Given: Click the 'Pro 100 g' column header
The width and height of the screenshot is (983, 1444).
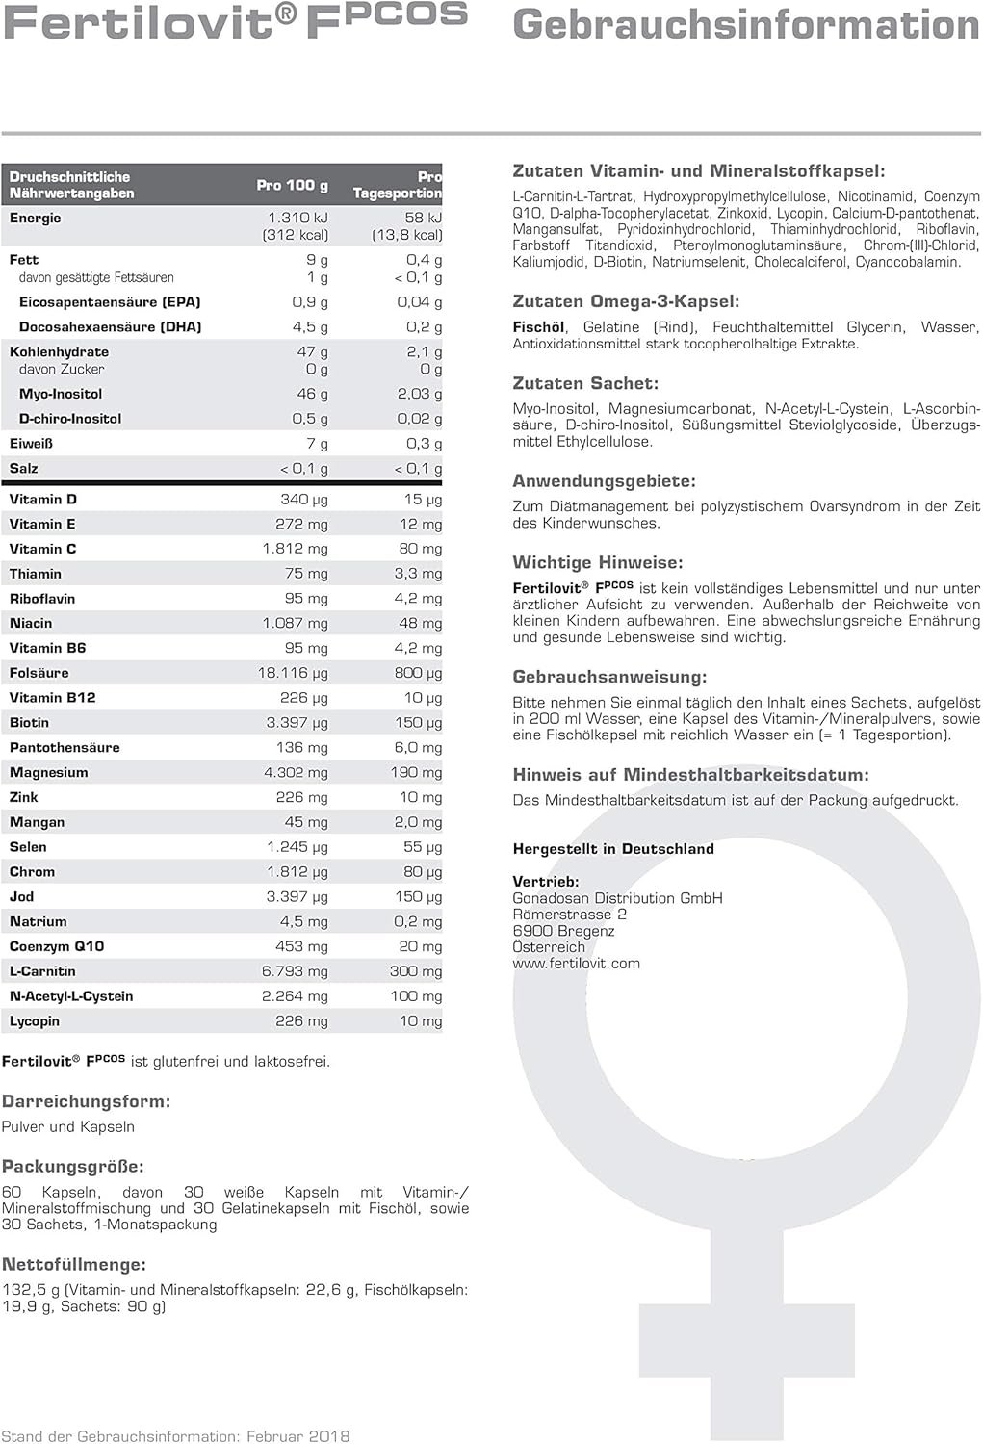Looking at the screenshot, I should click(x=292, y=185).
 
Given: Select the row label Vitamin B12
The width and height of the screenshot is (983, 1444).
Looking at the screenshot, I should click(x=52, y=698).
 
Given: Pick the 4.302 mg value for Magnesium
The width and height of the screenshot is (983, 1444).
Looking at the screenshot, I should click(x=297, y=772).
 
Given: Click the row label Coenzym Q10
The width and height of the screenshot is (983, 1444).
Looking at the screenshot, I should click(x=56, y=946).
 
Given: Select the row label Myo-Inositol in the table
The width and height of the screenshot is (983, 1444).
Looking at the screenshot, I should click(x=61, y=394).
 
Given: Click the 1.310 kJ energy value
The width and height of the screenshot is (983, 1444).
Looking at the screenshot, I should click(x=297, y=218).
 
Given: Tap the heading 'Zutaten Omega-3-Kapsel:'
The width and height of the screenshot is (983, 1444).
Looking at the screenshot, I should click(x=626, y=301).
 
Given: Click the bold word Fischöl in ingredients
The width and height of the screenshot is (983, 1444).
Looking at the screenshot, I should click(x=539, y=327).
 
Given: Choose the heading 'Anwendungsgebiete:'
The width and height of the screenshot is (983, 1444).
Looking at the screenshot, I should click(x=604, y=480).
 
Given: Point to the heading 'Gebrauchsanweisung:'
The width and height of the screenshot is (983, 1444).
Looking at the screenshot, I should click(x=609, y=677).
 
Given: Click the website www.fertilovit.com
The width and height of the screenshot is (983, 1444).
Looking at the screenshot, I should click(x=576, y=963).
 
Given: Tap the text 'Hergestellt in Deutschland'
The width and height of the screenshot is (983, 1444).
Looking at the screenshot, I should click(x=613, y=849).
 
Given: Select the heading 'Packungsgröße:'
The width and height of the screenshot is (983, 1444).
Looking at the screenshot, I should click(x=73, y=1167).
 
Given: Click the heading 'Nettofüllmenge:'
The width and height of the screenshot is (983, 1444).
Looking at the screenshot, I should click(x=74, y=1265).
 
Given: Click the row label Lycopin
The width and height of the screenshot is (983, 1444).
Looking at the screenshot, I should click(x=35, y=1021).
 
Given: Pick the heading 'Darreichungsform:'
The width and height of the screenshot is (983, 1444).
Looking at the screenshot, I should click(x=86, y=1101).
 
